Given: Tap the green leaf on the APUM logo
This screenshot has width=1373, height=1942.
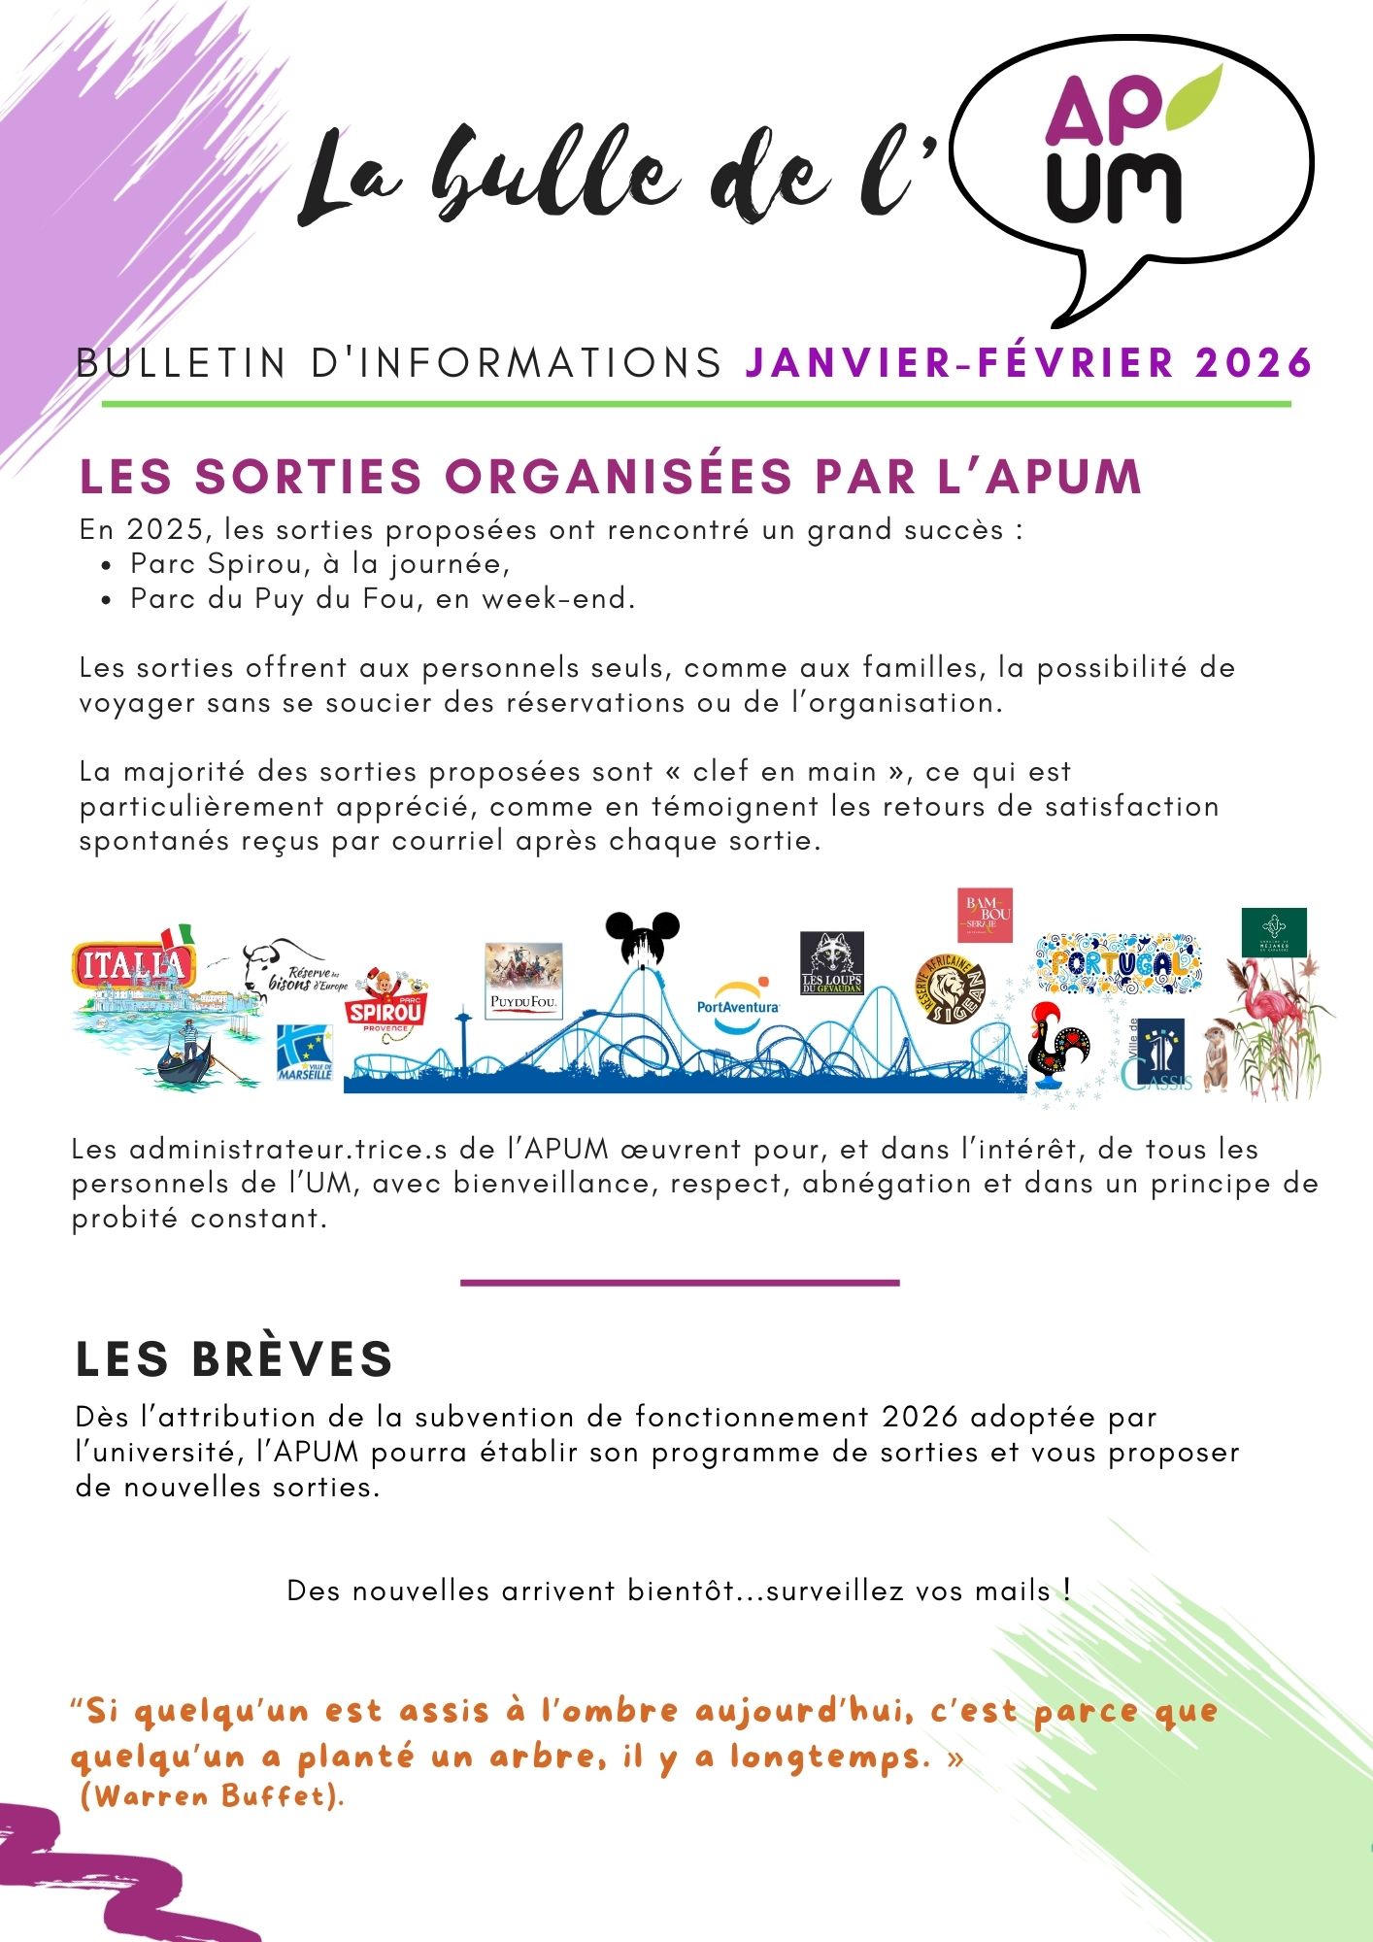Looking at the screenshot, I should (1192, 98).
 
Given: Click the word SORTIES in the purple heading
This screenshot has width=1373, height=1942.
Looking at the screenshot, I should (308, 476).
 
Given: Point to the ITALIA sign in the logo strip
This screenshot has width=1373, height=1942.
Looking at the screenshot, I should (134, 964).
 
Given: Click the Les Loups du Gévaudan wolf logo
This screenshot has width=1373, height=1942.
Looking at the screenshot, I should (832, 962).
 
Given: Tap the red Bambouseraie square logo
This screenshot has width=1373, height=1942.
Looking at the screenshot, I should (985, 915).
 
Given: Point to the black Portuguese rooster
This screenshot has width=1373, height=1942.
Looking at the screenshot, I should (1059, 1047).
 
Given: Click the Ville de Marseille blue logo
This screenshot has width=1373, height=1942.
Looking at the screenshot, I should (305, 1053).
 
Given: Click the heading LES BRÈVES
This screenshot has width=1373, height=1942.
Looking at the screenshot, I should (234, 1358).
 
